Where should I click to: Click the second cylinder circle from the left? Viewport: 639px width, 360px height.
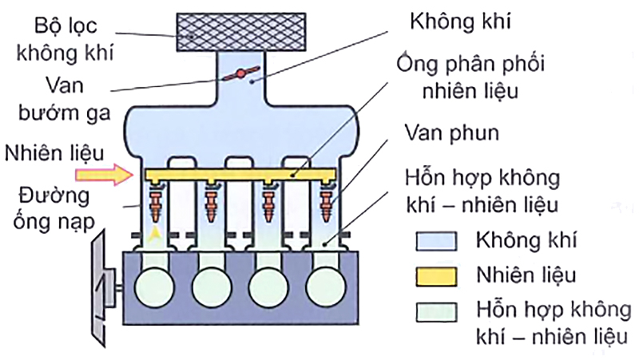211,283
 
